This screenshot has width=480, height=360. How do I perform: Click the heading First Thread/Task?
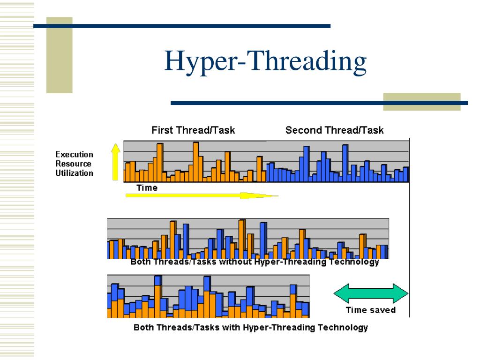193,130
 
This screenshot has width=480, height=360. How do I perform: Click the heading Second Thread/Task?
334,130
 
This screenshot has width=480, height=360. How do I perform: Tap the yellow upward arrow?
115,162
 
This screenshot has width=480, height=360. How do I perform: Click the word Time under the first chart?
147,187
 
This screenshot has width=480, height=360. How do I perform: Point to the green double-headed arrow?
371,294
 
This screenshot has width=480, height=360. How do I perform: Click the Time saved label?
370,310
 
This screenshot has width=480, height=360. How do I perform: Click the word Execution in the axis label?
75,154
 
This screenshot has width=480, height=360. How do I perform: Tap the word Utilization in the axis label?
75,173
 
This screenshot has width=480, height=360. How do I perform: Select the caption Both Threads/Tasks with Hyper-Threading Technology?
251,327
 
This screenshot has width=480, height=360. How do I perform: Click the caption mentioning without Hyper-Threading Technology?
255,262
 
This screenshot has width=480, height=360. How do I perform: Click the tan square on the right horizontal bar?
421,102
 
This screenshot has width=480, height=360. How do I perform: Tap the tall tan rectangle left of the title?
59,55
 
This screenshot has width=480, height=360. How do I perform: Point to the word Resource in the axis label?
74,164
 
